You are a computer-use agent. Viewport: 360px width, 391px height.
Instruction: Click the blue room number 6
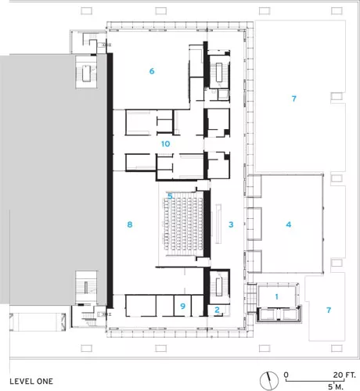tap(152, 71)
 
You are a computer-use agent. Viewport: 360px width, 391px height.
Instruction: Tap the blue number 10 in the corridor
tap(166, 144)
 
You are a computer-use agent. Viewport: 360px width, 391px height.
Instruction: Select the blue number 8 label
tap(130, 224)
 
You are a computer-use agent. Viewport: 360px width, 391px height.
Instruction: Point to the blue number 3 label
tap(231, 224)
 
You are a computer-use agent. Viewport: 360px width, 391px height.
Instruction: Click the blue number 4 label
tap(289, 224)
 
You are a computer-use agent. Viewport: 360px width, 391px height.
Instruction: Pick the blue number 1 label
tap(276, 296)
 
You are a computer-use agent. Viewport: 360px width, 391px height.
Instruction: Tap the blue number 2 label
tap(217, 310)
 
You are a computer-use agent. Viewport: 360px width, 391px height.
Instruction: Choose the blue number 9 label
tap(182, 306)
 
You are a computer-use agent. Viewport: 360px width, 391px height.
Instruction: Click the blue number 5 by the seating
tap(170, 195)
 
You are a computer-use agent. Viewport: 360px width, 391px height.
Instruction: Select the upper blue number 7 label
tap(294, 99)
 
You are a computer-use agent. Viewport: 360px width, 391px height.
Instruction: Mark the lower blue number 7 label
tap(329, 310)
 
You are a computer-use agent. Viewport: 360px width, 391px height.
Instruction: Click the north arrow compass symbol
tap(269, 381)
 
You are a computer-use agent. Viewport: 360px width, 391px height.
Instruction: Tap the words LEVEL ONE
tap(31, 382)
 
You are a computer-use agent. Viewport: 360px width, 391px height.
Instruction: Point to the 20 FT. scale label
tap(344, 375)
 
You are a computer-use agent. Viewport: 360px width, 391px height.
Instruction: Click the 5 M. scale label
tap(336, 387)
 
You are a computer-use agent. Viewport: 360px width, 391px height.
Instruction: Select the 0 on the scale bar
tap(286, 375)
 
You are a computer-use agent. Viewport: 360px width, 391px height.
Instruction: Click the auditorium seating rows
tap(183, 224)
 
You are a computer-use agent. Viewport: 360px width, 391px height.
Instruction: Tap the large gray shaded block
tap(53, 179)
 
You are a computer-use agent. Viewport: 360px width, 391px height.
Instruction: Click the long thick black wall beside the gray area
tap(110, 181)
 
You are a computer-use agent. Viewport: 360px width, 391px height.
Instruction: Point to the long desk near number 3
tap(218, 224)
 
